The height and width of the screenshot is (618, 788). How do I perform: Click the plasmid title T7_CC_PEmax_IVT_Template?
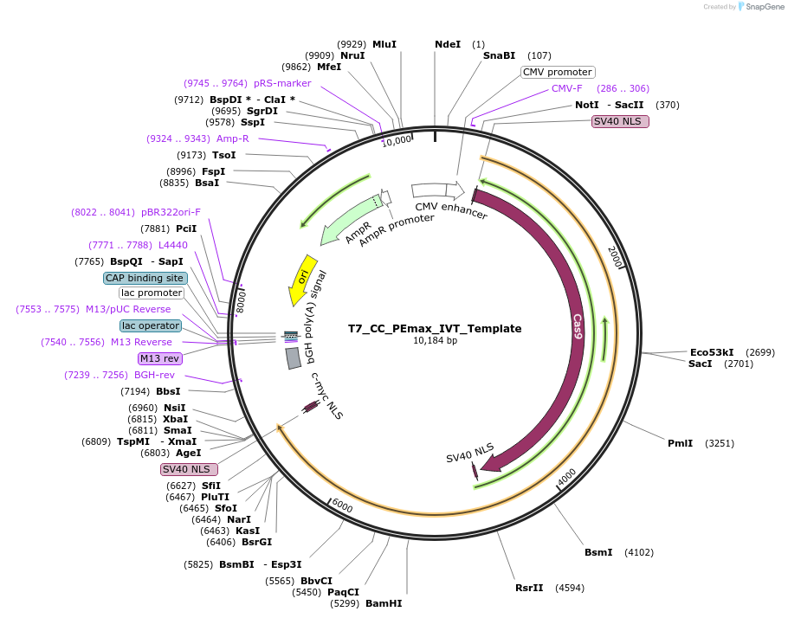click(x=435, y=328)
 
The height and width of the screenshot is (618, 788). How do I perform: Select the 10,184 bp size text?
click(x=435, y=340)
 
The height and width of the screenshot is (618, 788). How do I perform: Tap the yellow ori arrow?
click(x=302, y=279)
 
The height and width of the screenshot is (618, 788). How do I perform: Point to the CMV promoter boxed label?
click(x=558, y=72)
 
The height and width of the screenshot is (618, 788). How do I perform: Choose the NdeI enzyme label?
click(x=448, y=44)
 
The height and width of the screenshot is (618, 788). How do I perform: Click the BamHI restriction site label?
click(x=384, y=603)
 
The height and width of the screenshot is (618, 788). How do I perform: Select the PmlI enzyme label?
click(x=680, y=443)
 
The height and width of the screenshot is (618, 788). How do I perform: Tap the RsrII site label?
click(x=529, y=588)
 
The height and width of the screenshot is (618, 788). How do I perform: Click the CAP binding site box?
click(x=145, y=278)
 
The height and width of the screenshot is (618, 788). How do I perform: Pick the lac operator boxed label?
click(x=151, y=325)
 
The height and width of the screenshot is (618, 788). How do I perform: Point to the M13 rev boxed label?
click(x=159, y=358)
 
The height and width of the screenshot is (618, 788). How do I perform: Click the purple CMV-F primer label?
click(x=567, y=88)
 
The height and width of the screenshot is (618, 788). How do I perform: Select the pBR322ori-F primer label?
click(x=171, y=212)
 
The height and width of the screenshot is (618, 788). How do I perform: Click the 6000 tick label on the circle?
click(x=342, y=505)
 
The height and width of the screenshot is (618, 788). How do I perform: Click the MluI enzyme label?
click(x=384, y=44)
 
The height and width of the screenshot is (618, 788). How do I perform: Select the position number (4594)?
click(x=570, y=588)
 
